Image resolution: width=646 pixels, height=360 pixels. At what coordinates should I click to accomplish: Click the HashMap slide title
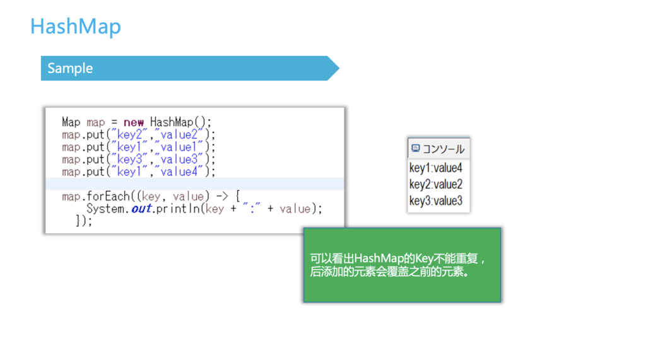(76, 26)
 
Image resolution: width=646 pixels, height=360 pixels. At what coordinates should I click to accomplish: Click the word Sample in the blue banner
(70, 68)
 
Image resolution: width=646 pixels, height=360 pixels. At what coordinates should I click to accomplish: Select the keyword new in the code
(134, 122)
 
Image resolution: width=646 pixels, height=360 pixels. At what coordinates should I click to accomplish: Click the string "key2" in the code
(129, 134)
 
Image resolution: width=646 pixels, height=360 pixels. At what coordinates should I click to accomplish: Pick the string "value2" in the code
(179, 134)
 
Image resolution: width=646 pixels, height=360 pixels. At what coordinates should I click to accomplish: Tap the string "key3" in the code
(129, 159)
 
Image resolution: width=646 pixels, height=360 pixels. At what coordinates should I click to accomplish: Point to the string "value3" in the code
(179, 159)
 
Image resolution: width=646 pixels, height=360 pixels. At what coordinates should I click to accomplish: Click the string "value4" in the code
(179, 171)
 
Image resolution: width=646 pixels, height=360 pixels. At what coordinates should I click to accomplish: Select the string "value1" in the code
(179, 147)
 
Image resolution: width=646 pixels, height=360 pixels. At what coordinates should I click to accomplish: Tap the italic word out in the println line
(141, 209)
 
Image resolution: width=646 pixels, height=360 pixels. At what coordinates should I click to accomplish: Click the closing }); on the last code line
(84, 221)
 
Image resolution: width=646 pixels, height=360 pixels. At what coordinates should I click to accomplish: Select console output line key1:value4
(435, 168)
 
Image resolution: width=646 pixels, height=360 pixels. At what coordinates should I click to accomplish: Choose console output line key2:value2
(435, 185)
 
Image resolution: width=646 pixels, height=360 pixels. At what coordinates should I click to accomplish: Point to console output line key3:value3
(435, 201)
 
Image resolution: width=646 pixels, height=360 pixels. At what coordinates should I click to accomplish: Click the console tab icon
(415, 148)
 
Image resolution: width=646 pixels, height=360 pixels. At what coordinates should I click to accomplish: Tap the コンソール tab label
(443, 149)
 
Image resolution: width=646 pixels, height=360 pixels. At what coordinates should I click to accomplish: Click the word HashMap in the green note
(379, 258)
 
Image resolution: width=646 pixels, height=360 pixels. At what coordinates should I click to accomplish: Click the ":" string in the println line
(251, 209)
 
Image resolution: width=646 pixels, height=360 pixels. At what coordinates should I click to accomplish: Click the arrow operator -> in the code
(222, 197)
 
